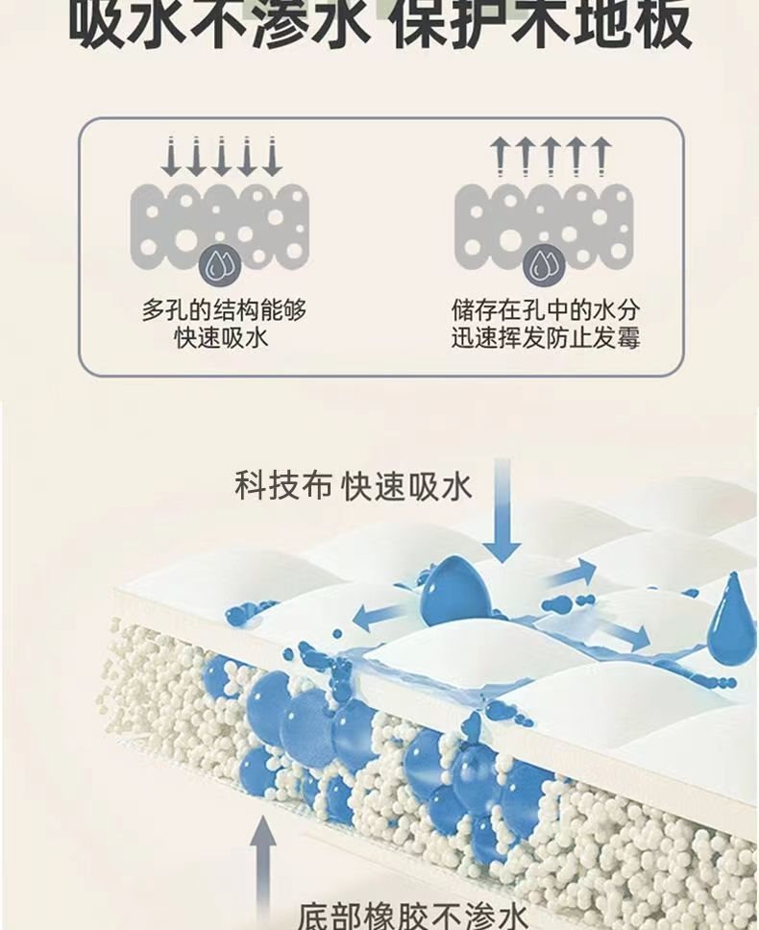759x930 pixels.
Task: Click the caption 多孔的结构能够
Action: (224, 311)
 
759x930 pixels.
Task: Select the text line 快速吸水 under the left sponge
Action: (221, 338)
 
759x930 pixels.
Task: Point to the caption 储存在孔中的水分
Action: (546, 311)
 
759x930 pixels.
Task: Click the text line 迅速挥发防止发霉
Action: (546, 338)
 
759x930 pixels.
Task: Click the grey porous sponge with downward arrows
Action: (220, 221)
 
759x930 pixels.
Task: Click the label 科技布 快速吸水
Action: (354, 486)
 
